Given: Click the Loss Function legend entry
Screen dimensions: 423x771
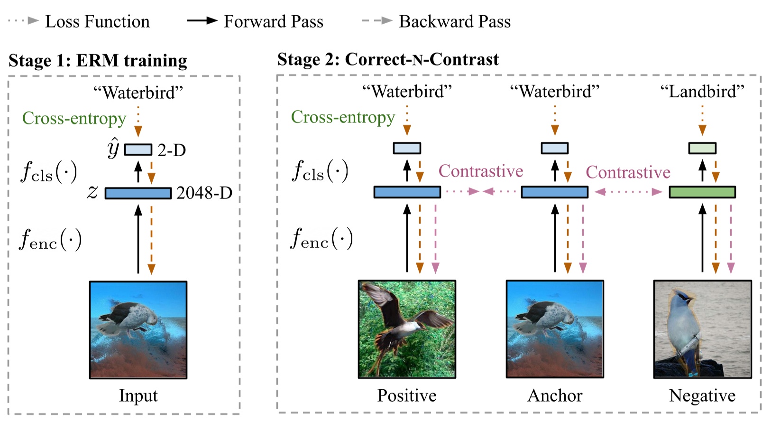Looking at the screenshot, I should click(x=97, y=21).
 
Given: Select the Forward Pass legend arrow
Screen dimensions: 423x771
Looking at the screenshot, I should click(x=202, y=21).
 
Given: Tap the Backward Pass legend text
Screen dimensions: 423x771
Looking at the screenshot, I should click(x=454, y=21).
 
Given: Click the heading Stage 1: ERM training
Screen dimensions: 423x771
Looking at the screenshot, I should click(x=98, y=60).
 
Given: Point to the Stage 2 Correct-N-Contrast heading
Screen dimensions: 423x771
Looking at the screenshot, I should click(x=388, y=59).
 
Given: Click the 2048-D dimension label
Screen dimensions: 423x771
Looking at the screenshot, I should click(x=204, y=193).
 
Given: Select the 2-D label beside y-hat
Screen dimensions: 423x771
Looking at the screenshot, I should click(x=171, y=150).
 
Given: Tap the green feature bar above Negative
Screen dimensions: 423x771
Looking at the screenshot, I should click(x=702, y=192).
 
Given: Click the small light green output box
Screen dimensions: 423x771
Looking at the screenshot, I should click(x=702, y=148).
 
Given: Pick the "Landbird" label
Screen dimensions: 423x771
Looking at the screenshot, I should click(x=702, y=91).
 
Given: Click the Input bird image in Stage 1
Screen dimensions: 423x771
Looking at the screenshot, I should click(x=138, y=329).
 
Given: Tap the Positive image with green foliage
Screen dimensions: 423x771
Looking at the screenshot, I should click(x=407, y=329).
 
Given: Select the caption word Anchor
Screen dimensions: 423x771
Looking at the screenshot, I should click(x=554, y=395).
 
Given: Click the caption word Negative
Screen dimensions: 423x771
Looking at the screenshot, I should click(x=702, y=395).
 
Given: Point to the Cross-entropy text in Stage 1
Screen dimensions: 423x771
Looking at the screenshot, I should click(x=74, y=118).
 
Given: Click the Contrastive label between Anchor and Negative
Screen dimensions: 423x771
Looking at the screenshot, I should click(x=628, y=172).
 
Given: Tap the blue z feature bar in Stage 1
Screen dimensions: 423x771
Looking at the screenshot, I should click(x=138, y=193).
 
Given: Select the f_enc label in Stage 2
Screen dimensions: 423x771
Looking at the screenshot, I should click(x=321, y=239).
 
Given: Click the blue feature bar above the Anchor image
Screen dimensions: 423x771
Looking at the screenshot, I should click(x=554, y=192).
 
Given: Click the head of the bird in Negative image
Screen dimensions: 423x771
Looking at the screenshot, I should click(x=683, y=298).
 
